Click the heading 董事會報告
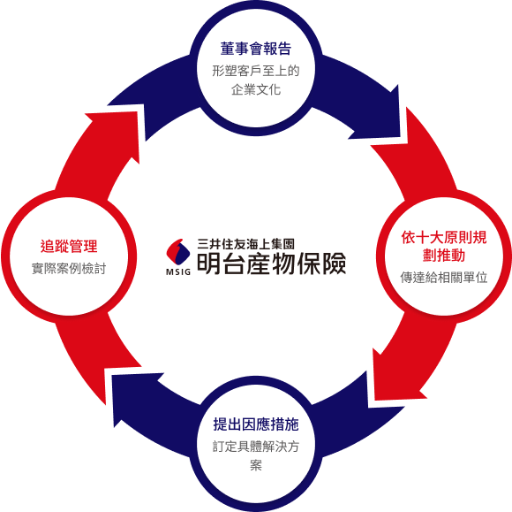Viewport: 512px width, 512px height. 256,49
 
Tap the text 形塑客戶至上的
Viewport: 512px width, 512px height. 256,71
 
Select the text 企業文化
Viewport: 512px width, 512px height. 256,89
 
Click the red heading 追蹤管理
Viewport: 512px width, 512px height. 69,246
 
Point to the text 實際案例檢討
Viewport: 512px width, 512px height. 69,268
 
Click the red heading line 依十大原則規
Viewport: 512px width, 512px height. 444,237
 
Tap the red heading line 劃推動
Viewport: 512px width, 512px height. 444,256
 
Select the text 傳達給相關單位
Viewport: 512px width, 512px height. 444,278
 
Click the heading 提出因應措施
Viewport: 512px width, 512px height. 256,424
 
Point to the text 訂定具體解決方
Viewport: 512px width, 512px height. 256,447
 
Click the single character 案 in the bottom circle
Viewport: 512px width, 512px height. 256,465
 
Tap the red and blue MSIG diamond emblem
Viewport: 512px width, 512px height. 178,252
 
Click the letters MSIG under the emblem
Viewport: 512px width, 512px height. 178,271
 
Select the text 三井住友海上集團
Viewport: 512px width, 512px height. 246,244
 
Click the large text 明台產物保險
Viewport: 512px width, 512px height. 271,263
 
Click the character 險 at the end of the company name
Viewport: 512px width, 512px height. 334,263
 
